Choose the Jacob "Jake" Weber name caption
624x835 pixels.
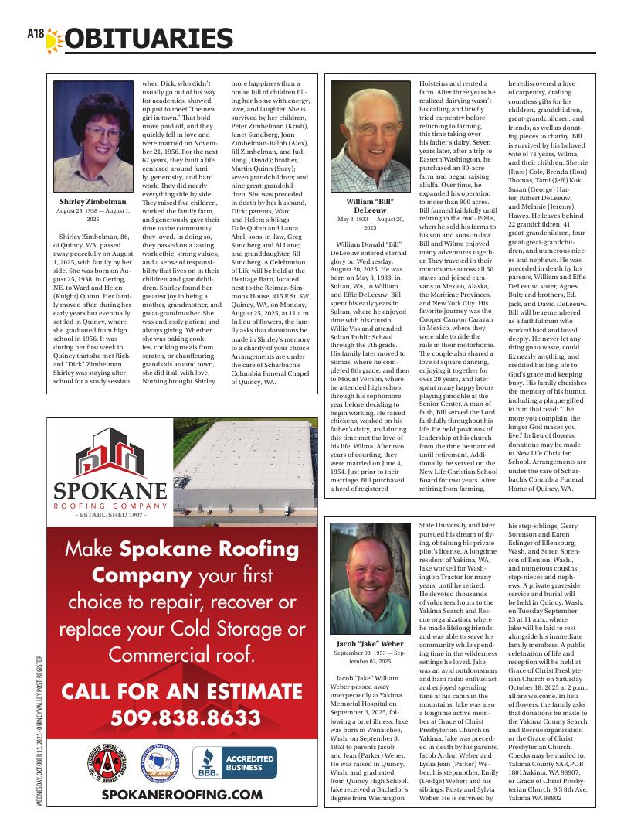tap(370, 643)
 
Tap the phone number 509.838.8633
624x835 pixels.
tap(185, 717)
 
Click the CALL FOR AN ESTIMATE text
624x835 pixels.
tap(185, 690)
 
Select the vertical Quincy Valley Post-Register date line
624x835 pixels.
tap(39, 731)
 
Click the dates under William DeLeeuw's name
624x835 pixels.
tap(370, 223)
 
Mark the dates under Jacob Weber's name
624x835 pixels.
tap(370, 657)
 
